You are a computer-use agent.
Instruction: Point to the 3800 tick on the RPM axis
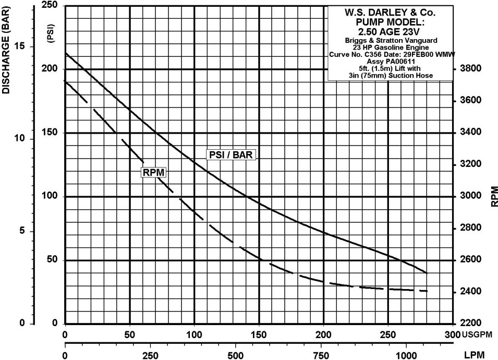pos(470,69)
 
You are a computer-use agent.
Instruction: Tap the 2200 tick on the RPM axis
pos(470,323)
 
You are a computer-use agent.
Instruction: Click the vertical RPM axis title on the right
pos(493,196)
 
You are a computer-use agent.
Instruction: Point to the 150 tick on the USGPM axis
pos(259,334)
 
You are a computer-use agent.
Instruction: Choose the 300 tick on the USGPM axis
pos(452,334)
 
